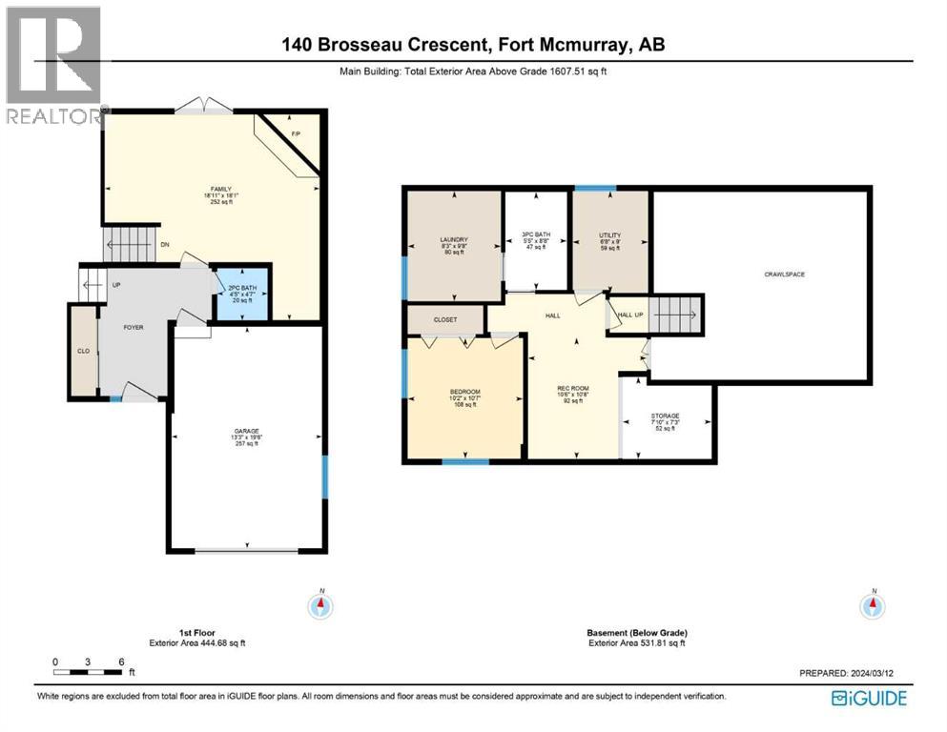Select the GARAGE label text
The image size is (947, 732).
248,431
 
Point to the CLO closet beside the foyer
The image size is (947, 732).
83,351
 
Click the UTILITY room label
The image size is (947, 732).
610,234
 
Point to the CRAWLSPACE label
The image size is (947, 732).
784,274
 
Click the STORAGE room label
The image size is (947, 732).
665,416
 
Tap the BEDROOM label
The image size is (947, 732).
464,392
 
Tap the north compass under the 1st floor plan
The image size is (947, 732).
322,604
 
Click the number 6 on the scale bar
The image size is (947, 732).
121,661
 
